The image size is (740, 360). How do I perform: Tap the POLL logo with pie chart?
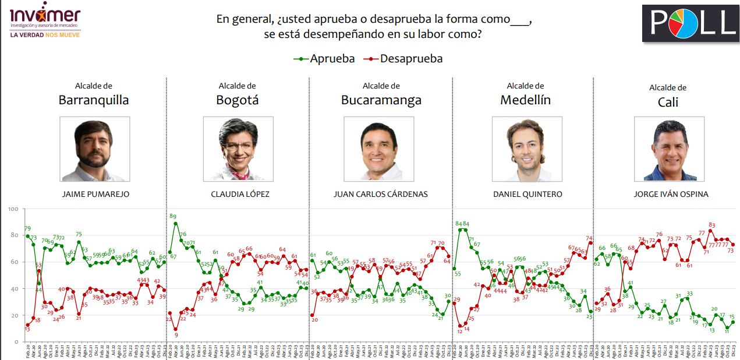pyautogui.click(x=690, y=23)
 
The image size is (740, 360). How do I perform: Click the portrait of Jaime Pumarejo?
pyautogui.click(x=94, y=149)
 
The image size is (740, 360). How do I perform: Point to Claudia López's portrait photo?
pyautogui.click(x=238, y=149)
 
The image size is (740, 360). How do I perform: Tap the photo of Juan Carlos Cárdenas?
pyautogui.click(x=378, y=149)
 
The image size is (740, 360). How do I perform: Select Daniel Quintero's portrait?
pyautogui.click(x=527, y=149)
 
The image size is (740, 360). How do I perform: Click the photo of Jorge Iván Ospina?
pyautogui.click(x=669, y=149)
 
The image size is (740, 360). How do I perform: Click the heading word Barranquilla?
pyautogui.click(x=94, y=100)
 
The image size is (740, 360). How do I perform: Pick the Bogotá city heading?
pyautogui.click(x=237, y=100)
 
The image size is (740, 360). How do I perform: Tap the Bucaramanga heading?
pyautogui.click(x=381, y=100)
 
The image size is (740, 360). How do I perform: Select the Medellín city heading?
pyautogui.click(x=525, y=100)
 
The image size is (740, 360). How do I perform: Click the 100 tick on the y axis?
pyautogui.click(x=13, y=209)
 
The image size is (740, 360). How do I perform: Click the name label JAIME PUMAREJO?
pyautogui.click(x=95, y=194)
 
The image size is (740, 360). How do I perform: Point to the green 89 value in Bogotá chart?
pyautogui.click(x=173, y=217)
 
